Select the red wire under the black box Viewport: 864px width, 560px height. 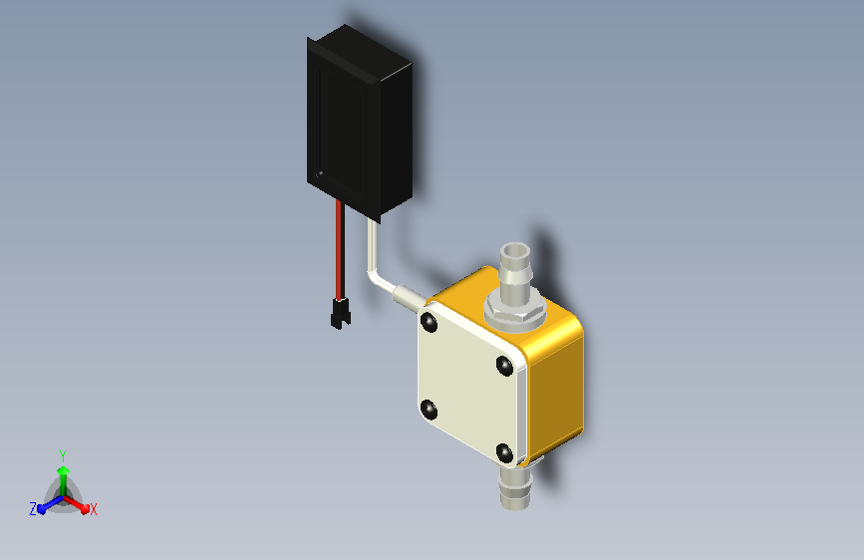(x=340, y=250)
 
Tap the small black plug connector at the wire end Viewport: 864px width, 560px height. (x=341, y=314)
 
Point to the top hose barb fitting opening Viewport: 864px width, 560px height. (x=515, y=251)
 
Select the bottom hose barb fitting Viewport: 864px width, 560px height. (x=515, y=488)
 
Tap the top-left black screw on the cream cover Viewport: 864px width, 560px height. (x=429, y=322)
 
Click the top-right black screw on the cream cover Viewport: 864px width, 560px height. (x=504, y=366)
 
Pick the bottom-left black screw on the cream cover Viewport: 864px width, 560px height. (x=429, y=411)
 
